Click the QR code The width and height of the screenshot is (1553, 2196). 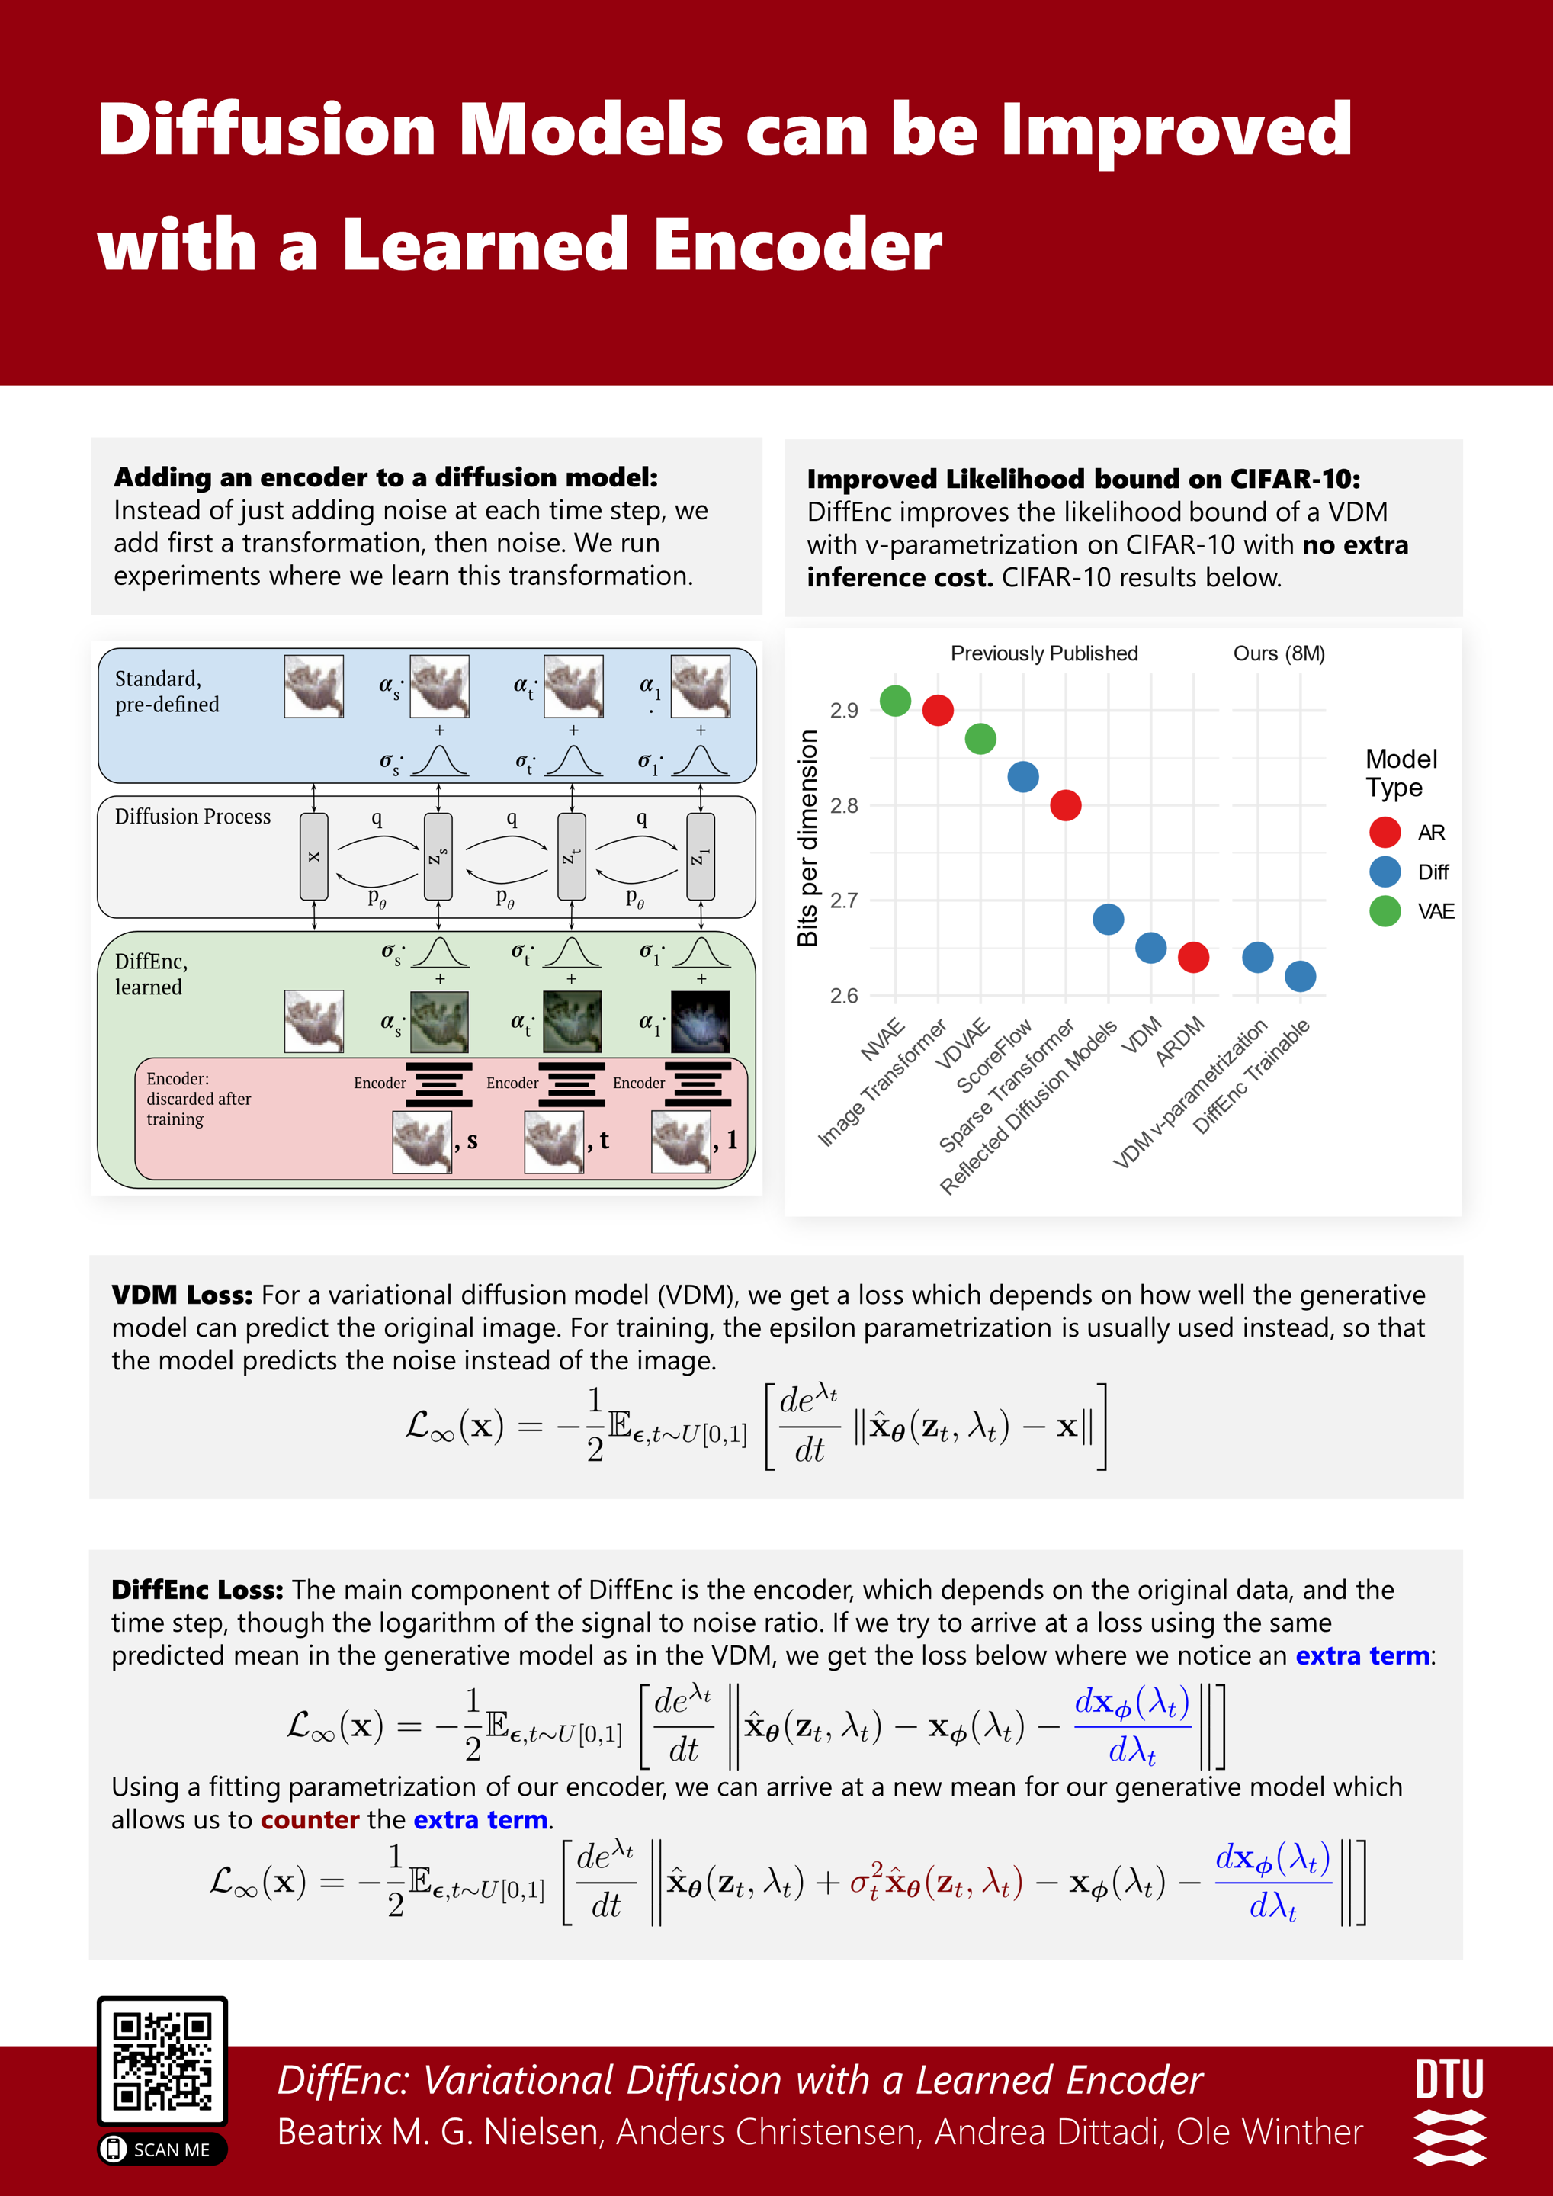click(x=162, y=2060)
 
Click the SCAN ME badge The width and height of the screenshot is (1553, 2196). click(x=162, y=2149)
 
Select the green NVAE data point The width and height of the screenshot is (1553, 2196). click(x=895, y=700)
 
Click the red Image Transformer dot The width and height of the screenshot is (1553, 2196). click(x=938, y=710)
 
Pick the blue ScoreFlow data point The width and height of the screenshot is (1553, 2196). click(x=1023, y=777)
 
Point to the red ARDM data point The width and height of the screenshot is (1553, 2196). click(x=1193, y=956)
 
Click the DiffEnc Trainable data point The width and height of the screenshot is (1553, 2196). click(x=1301, y=975)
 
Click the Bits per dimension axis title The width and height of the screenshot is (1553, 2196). click(x=808, y=838)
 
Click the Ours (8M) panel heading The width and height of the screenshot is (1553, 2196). click(x=1279, y=653)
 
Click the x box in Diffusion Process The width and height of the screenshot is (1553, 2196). click(x=313, y=856)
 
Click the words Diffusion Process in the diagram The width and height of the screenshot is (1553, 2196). click(x=193, y=816)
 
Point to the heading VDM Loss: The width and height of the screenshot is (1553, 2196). click(x=181, y=1295)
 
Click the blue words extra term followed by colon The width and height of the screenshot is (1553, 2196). click(x=1362, y=1655)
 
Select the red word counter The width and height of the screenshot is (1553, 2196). click(x=310, y=1819)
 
